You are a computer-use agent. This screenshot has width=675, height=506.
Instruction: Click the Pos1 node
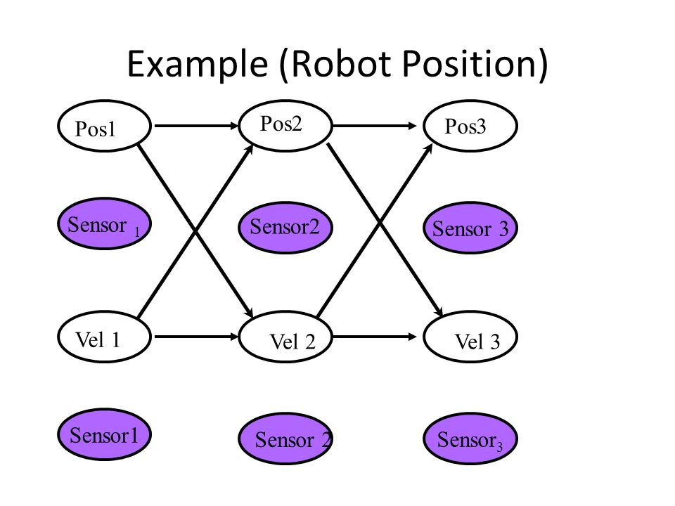105,126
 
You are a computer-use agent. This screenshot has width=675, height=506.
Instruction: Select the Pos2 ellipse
285,126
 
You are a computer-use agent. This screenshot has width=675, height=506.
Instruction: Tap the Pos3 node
470,126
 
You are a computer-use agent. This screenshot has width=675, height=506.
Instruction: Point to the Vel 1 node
105,337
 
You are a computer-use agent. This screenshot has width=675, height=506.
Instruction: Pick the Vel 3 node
470,337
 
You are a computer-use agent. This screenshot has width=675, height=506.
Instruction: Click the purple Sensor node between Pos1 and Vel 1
105,223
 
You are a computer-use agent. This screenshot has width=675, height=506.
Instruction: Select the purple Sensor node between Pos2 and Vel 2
285,228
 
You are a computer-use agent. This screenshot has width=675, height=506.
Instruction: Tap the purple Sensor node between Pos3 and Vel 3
470,228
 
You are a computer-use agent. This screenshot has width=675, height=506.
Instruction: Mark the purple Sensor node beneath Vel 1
105,434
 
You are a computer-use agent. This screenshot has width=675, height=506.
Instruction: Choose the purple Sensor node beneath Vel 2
285,439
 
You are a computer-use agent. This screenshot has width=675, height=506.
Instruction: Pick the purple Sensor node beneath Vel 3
470,439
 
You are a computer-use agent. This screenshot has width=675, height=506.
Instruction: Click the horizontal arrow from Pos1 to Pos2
196,126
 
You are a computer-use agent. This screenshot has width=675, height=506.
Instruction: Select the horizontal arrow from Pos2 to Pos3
375,126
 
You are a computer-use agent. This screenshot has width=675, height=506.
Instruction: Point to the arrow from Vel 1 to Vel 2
196,337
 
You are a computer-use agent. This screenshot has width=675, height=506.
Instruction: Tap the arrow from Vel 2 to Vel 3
375,337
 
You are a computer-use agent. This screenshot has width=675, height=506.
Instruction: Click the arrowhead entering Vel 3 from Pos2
439,311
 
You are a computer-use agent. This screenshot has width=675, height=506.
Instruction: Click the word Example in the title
198,64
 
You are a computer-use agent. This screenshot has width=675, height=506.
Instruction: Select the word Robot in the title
340,63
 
